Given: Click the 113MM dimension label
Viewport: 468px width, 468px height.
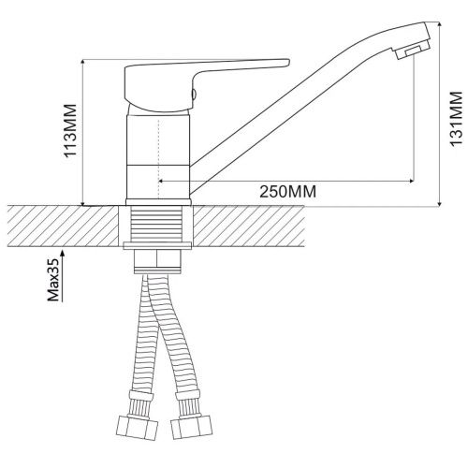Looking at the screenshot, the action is click(70, 130).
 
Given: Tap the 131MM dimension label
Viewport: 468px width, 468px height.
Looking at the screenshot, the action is click(456, 118).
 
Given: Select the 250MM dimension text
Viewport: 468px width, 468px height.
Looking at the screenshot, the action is click(287, 191).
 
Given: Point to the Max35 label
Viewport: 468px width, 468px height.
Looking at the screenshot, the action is click(53, 280).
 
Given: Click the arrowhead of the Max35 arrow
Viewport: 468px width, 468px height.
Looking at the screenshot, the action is click(63, 253).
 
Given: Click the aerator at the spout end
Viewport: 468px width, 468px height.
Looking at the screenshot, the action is click(413, 51).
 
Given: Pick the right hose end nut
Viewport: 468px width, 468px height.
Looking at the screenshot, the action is click(192, 426).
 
